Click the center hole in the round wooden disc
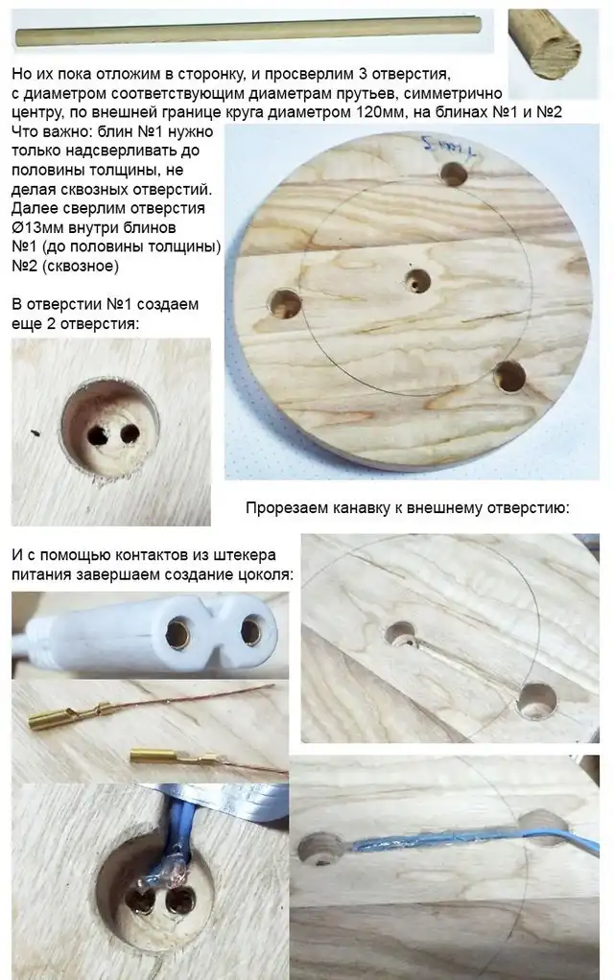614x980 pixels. pos(417,281)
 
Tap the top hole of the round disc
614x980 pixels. pos(454,174)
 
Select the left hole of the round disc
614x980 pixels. pos(285,304)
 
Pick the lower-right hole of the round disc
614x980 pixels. pos(509,376)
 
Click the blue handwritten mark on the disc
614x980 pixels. pos(449,147)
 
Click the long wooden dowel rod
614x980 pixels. pos(248,32)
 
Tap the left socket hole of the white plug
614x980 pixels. pos(177,633)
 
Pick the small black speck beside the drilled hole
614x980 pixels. pos(35,432)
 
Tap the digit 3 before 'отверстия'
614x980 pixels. pos(362,74)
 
